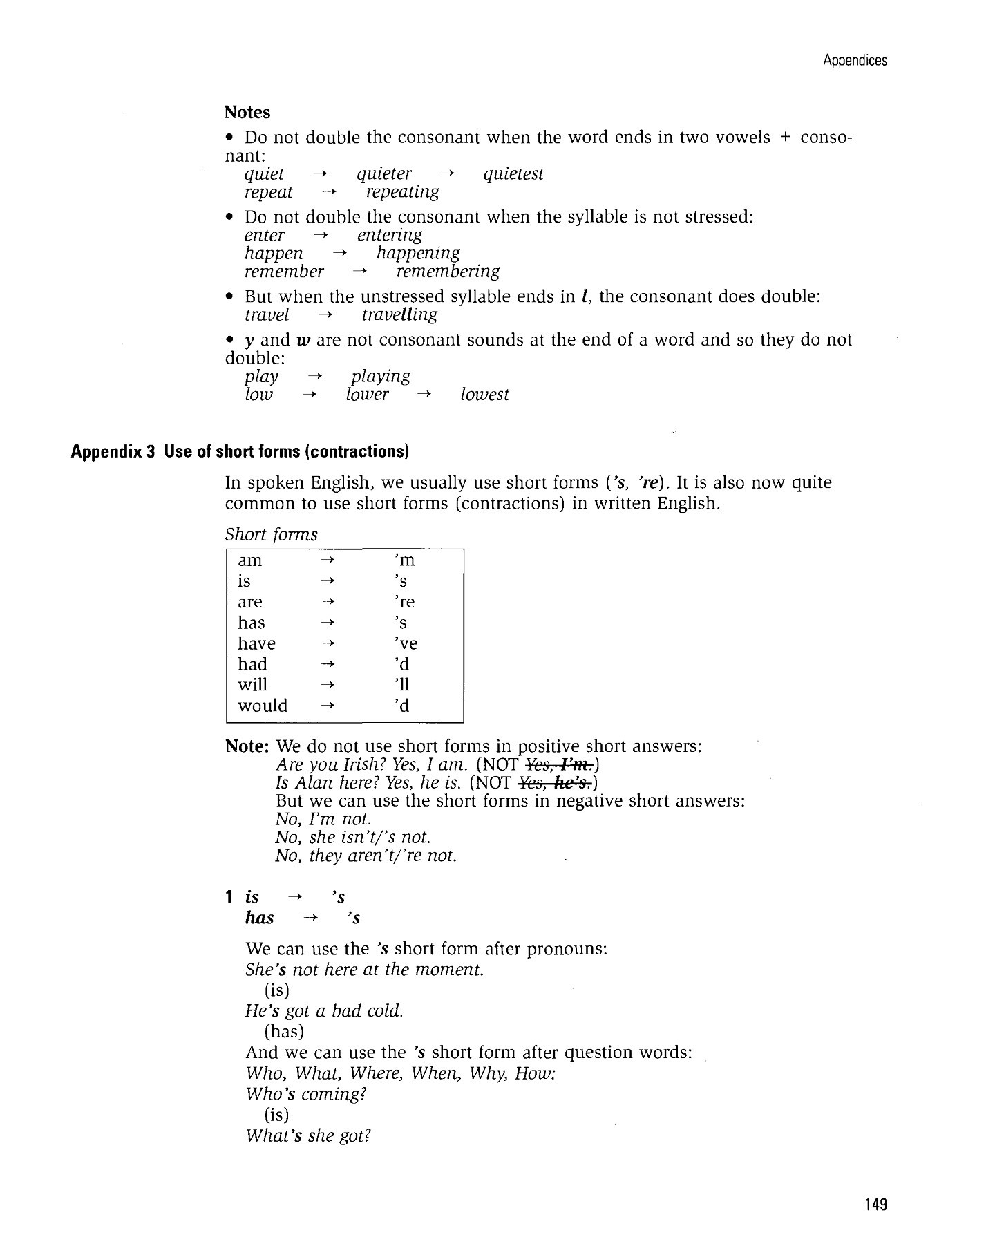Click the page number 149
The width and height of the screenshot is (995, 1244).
click(875, 1205)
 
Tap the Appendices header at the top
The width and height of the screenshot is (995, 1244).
click(855, 61)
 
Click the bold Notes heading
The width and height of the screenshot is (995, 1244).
click(247, 113)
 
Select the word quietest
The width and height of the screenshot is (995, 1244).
click(513, 174)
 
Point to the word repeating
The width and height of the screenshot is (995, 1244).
click(402, 192)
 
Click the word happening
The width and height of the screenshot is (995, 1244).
click(418, 254)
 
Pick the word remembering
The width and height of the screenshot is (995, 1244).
click(448, 272)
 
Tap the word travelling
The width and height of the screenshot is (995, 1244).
click(399, 315)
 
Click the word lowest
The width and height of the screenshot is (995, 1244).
click(484, 395)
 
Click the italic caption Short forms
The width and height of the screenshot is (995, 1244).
click(272, 535)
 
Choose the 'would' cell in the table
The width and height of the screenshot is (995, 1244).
click(263, 706)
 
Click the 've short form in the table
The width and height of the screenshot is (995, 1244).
click(406, 643)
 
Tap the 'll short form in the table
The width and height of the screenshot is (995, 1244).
click(401, 685)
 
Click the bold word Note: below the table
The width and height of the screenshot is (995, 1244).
click(247, 747)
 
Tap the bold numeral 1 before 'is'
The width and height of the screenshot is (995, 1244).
click(229, 898)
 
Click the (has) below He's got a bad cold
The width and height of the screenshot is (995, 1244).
click(284, 1032)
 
